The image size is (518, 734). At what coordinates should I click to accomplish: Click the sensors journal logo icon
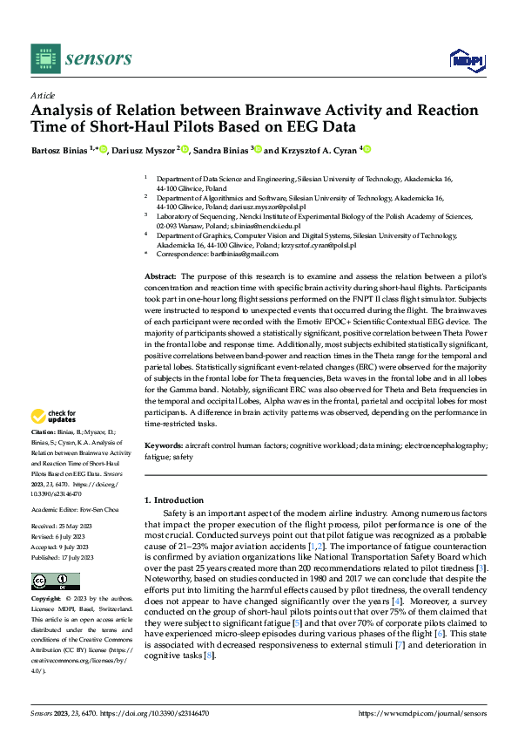coord(44,58)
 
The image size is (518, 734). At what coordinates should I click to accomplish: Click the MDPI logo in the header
coord(464,58)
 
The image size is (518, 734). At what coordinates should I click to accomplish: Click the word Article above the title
coord(43,95)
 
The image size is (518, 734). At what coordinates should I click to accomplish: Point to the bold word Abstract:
coord(161,275)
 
